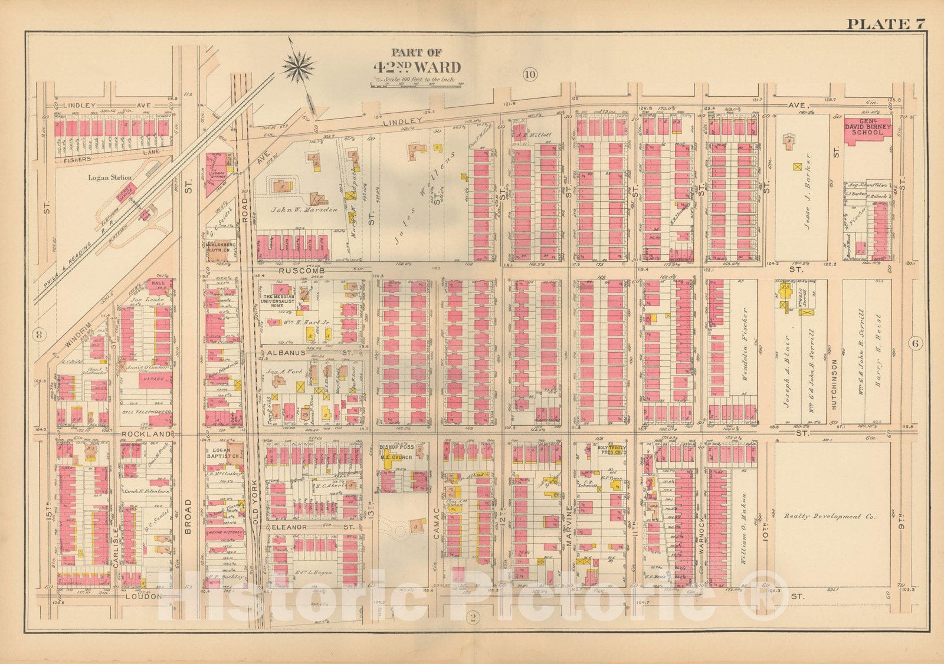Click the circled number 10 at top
pos(529,74)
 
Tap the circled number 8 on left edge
pos(40,333)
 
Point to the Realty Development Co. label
pos(830,517)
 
